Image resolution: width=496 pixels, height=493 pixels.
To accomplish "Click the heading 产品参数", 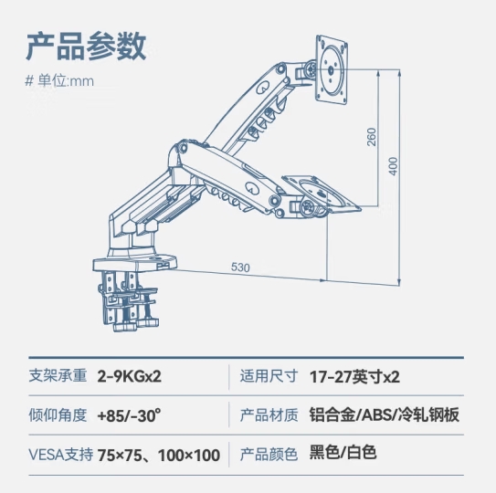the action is [x=86, y=47].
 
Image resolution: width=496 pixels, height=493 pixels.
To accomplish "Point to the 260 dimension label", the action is [x=372, y=137].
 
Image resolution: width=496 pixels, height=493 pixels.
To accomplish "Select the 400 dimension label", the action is [x=393, y=166].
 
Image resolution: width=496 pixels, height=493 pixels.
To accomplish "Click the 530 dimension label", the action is [x=240, y=267].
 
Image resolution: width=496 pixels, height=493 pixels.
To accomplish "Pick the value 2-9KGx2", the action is [x=130, y=376].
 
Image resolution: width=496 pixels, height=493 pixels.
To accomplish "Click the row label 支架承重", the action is [x=58, y=376].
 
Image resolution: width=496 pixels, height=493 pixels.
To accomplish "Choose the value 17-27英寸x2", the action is [x=354, y=377].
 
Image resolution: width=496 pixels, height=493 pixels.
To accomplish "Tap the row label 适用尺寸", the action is [x=269, y=376].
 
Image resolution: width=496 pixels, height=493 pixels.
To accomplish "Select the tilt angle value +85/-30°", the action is [x=129, y=415].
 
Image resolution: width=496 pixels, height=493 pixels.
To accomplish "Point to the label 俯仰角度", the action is [x=58, y=415].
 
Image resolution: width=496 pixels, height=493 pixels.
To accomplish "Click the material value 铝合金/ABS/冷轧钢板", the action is [x=384, y=414].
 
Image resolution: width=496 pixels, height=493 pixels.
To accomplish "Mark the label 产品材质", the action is [x=269, y=415].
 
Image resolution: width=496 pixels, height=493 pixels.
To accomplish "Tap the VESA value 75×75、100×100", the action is [x=159, y=455].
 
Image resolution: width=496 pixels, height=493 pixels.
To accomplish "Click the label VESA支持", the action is [x=61, y=455].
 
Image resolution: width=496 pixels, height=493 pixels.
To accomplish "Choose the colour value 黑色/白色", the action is [x=343, y=452].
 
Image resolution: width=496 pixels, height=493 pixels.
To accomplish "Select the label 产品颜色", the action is [x=269, y=455].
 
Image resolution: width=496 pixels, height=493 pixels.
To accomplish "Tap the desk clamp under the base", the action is [x=127, y=300].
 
